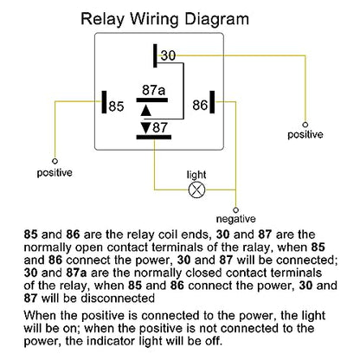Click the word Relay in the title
[102, 20]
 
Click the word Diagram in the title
[216, 20]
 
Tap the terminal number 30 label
[168, 55]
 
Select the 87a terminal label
[153, 90]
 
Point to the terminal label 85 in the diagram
[116, 106]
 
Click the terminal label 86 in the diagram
[200, 105]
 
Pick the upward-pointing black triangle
[146, 111]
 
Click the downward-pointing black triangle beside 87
[146, 128]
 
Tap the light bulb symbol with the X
[196, 190]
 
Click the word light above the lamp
[196, 175]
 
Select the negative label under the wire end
[236, 219]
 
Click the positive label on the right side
[305, 135]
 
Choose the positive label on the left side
[55, 173]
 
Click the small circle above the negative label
[236, 210]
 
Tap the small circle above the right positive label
[305, 125]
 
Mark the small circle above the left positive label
[55, 161]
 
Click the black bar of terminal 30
[155, 55]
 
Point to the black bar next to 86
[212, 102]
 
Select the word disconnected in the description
[118, 299]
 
